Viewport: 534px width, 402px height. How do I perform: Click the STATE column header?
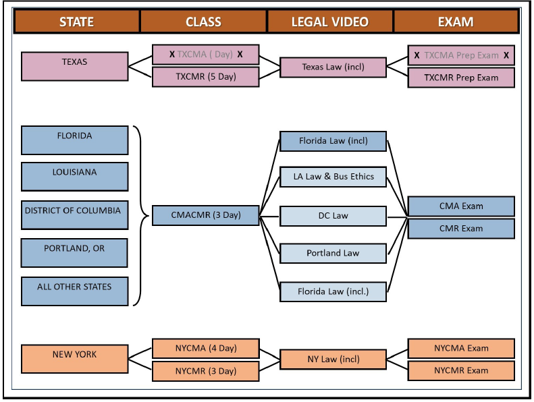click(76, 22)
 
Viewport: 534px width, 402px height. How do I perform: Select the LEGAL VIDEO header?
click(329, 22)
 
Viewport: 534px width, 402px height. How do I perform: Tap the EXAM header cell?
click(456, 22)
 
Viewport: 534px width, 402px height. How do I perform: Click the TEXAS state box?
click(74, 66)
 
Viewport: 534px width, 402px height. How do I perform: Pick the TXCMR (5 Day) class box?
click(206, 77)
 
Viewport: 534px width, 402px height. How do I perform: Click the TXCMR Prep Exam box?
click(461, 78)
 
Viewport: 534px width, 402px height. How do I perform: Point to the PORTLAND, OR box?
click(74, 253)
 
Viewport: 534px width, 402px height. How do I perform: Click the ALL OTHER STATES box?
click(74, 291)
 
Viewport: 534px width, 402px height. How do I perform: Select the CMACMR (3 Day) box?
click(206, 216)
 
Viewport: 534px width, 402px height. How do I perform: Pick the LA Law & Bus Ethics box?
click(333, 177)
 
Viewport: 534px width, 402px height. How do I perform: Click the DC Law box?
click(333, 216)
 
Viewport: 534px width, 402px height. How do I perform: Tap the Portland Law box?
click(333, 253)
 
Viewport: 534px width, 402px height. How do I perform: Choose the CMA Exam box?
click(461, 206)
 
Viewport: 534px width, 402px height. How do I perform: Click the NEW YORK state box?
click(74, 359)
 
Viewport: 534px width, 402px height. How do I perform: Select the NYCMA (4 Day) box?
click(206, 348)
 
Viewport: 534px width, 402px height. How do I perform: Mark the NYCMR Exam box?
click(461, 370)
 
